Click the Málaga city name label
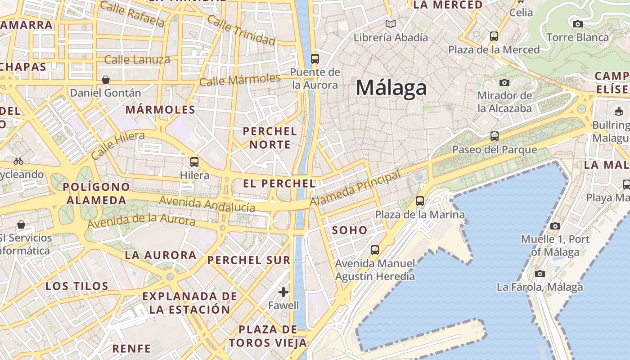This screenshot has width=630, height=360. [x=391, y=87]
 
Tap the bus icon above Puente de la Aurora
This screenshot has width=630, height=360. [x=315, y=58]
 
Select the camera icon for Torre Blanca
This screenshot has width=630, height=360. [x=578, y=24]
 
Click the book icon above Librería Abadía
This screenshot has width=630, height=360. [x=391, y=24]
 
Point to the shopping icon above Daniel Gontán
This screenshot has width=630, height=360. [x=106, y=80]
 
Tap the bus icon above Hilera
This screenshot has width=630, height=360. [x=194, y=162]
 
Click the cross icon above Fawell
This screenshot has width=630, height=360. [x=283, y=292]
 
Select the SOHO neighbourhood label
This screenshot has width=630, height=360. [x=350, y=230]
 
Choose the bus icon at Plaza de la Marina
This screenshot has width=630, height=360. [x=420, y=201]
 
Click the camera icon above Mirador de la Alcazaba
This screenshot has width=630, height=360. [x=504, y=82]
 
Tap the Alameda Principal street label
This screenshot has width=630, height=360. [x=355, y=189]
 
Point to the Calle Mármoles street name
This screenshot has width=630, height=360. [x=240, y=80]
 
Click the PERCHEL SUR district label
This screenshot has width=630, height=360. [x=249, y=260]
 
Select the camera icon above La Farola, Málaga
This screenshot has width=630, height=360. [x=540, y=274]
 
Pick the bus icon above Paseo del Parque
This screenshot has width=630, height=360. [x=495, y=136]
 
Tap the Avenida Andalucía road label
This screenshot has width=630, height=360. [x=207, y=204]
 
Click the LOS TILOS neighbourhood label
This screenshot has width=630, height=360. [x=77, y=286]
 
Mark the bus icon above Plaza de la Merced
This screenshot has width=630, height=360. [x=494, y=36]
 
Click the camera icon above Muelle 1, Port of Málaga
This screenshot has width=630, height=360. [x=555, y=226]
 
